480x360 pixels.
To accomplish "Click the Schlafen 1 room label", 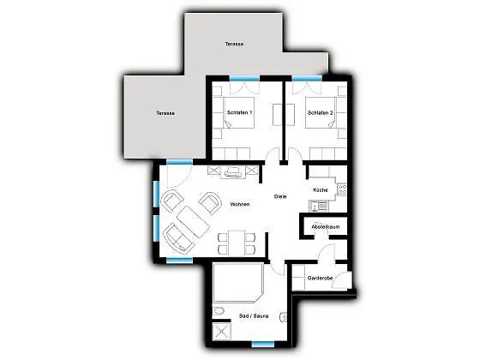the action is [239, 112].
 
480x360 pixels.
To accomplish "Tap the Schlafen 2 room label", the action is [321, 113].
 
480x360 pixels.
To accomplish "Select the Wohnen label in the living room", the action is [240, 204].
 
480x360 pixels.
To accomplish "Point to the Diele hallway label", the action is [280, 196].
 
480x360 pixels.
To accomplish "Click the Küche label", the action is [321, 190].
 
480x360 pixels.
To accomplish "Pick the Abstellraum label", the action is [326, 227].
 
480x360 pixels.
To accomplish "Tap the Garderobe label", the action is [320, 279].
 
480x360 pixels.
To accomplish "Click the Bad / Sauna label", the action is [254, 316].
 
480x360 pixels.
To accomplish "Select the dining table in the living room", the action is [237, 243].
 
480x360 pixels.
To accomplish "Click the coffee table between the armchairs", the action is [193, 222].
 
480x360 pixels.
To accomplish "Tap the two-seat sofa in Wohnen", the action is [179, 238].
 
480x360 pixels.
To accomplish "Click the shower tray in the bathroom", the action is [221, 331].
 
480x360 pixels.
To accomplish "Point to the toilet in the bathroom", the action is [219, 311].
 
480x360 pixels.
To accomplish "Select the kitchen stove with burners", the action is [342, 189].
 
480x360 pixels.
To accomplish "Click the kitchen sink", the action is [318, 207].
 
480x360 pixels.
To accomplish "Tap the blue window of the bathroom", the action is [263, 345].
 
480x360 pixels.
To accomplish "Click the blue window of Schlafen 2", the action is [307, 78].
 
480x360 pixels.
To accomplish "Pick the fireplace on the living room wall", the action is [233, 172].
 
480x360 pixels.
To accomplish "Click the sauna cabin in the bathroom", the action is [238, 283].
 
